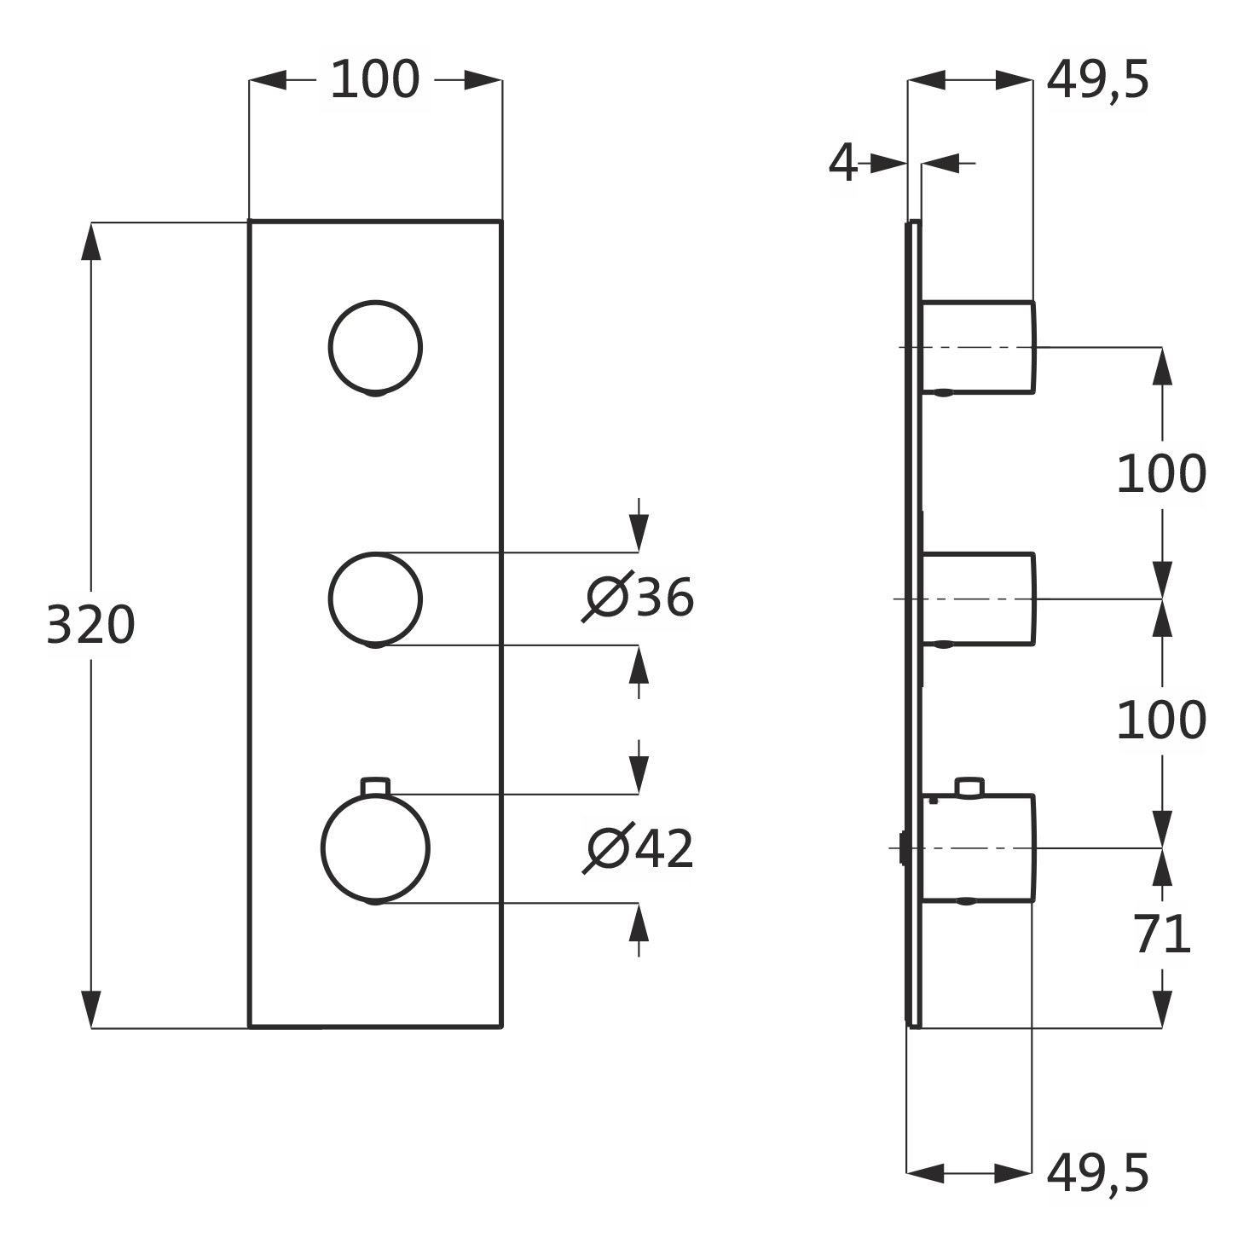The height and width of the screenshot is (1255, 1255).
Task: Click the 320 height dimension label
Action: (90, 625)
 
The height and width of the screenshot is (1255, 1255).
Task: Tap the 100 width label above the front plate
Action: (375, 80)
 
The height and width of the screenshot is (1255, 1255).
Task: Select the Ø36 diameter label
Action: (639, 598)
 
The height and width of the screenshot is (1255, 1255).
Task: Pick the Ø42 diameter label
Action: (639, 849)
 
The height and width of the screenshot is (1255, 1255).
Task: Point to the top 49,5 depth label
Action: (1098, 80)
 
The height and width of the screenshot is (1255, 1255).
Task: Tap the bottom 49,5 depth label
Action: (1098, 1174)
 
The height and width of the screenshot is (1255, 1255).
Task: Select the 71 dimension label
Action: (1162, 934)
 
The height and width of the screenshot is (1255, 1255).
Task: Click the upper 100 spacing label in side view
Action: (1161, 474)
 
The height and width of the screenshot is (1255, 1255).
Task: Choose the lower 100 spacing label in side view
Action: (1161, 721)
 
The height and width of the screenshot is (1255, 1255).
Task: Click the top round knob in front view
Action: (375, 347)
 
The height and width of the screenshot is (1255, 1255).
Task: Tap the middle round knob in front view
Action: (375, 599)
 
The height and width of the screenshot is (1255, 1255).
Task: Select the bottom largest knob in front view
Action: (375, 848)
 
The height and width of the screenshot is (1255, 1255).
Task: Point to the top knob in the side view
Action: (978, 347)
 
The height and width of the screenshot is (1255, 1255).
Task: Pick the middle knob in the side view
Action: (978, 599)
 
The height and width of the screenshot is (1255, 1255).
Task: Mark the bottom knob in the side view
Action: (978, 848)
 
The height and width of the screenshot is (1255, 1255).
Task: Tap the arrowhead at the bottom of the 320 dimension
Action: (91, 1010)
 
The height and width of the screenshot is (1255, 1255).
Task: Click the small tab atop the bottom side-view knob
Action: (969, 786)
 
